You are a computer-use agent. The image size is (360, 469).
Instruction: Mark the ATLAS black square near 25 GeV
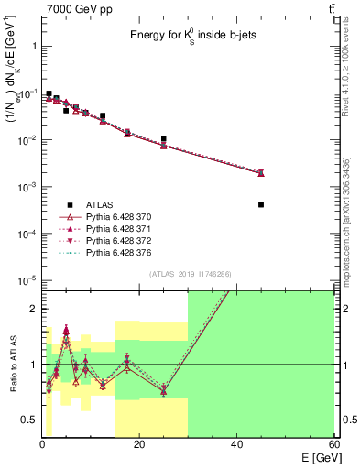coord(164,139)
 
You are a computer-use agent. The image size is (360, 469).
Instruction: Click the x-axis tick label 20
coord(139,442)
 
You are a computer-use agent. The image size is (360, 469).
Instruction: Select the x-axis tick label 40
coord(236,442)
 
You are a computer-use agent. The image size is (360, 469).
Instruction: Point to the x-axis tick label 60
coord(333,442)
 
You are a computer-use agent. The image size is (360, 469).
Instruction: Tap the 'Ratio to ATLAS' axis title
coord(11,365)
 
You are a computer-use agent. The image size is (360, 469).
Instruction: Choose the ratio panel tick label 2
coord(32,309)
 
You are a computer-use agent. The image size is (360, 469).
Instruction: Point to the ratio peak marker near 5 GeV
coord(66,330)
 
